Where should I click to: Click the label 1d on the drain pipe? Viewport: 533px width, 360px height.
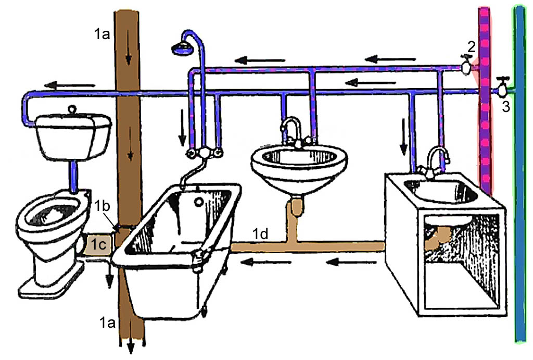(261, 234)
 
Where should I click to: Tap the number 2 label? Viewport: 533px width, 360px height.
(471, 47)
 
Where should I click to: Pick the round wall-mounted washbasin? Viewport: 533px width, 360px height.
(299, 162)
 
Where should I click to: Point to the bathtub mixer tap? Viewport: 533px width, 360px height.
(205, 153)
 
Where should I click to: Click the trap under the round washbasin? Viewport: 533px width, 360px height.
(297, 205)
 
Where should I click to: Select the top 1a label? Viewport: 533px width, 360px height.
(102, 36)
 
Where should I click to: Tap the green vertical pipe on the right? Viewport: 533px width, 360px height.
(519, 208)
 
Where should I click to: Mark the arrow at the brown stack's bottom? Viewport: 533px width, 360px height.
(130, 346)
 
